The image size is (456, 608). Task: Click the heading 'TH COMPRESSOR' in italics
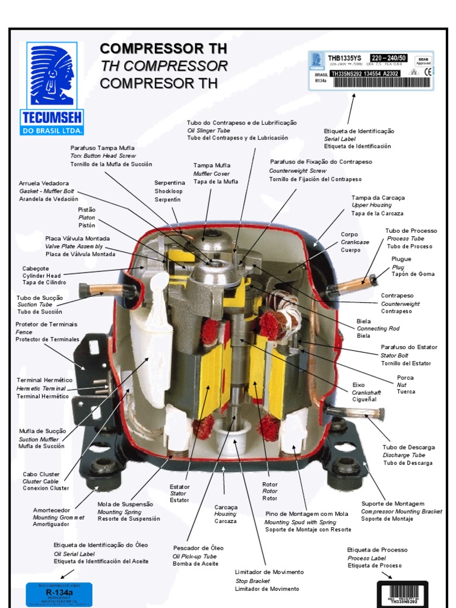pos(164,65)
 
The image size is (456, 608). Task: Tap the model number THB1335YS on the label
pos(346,58)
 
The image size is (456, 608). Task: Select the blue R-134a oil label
pos(59,594)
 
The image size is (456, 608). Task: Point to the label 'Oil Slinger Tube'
pos(208,130)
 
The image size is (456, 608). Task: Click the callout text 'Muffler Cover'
pos(211,173)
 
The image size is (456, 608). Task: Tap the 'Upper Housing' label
pos(372,205)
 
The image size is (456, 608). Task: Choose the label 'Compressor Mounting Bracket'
pos(401,511)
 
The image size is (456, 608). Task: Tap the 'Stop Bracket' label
pos(252,581)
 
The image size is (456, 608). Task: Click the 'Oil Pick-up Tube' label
pos(195,556)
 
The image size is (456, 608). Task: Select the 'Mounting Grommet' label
pos(58,517)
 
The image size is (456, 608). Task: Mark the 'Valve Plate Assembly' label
pos(74,246)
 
